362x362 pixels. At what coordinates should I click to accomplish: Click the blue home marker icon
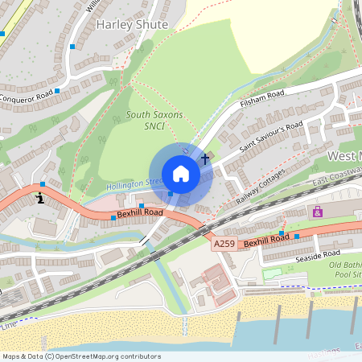(x=181, y=174)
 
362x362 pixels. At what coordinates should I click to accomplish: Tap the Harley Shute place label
(x=132, y=25)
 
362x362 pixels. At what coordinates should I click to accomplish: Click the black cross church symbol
(x=205, y=159)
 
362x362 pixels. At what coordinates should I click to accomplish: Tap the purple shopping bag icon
(x=318, y=212)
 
